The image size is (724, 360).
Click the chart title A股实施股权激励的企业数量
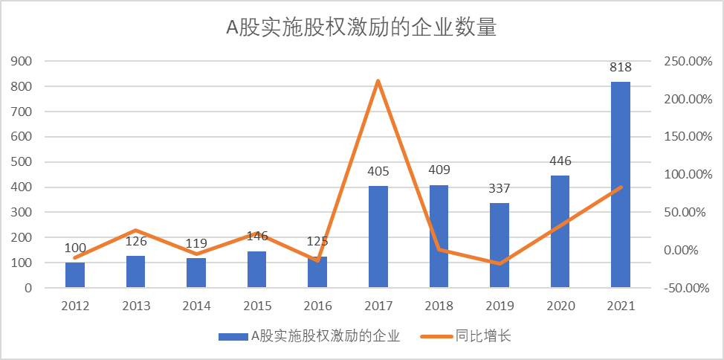361,28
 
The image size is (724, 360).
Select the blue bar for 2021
621,184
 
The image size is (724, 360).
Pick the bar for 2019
500,245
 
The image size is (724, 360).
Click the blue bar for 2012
75,275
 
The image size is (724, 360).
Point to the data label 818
621,68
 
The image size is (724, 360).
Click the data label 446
560,161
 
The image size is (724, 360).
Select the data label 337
500,189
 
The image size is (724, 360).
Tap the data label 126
136,242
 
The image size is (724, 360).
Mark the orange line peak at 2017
378,80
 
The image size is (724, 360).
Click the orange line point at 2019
500,263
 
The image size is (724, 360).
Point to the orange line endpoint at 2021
621,187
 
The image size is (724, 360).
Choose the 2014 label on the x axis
196,306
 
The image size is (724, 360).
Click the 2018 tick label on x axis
439,306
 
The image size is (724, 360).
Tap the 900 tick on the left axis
22,62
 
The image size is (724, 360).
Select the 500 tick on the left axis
22,162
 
